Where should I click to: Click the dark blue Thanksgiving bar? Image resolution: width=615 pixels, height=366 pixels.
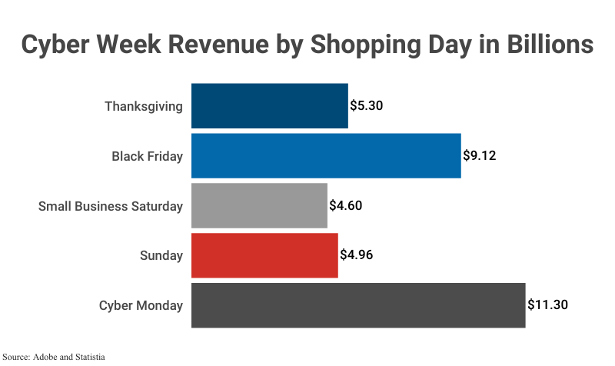pyautogui.click(x=269, y=106)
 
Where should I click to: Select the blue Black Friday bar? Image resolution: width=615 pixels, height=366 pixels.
pyautogui.click(x=325, y=156)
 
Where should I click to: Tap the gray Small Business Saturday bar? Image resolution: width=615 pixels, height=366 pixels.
pyautogui.click(x=259, y=206)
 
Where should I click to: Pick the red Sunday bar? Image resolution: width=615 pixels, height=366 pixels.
pyautogui.click(x=264, y=255)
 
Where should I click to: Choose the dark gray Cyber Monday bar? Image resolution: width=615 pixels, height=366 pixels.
pyautogui.click(x=357, y=305)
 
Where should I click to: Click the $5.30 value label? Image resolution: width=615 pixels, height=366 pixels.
pyautogui.click(x=366, y=106)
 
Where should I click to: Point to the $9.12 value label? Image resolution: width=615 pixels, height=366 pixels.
pyautogui.click(x=479, y=156)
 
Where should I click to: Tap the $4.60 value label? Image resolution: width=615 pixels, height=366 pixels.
pyautogui.click(x=345, y=206)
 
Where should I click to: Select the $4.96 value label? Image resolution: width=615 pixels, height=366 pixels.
pyautogui.click(x=356, y=255)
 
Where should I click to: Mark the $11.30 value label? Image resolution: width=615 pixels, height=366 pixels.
pyautogui.click(x=547, y=305)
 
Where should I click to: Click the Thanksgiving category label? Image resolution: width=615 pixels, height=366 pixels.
pyautogui.click(x=144, y=106)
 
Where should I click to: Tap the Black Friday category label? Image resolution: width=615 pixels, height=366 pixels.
pyautogui.click(x=147, y=156)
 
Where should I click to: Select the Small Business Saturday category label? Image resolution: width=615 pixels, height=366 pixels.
pyautogui.click(x=111, y=206)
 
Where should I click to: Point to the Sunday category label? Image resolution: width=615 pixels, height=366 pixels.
pyautogui.click(x=161, y=256)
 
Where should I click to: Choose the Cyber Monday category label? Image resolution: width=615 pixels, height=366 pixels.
pyautogui.click(x=141, y=305)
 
